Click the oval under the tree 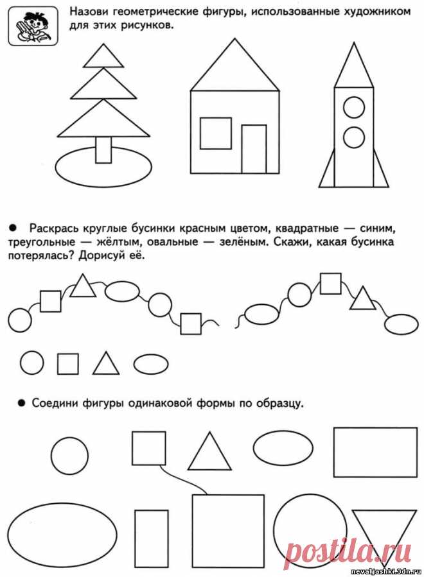103,169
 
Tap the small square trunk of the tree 103,150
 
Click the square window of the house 215,133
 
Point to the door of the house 254,149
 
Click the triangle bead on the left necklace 82,286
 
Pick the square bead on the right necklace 330,283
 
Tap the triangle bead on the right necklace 364,298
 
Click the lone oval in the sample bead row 151,364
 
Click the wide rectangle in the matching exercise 375,452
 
